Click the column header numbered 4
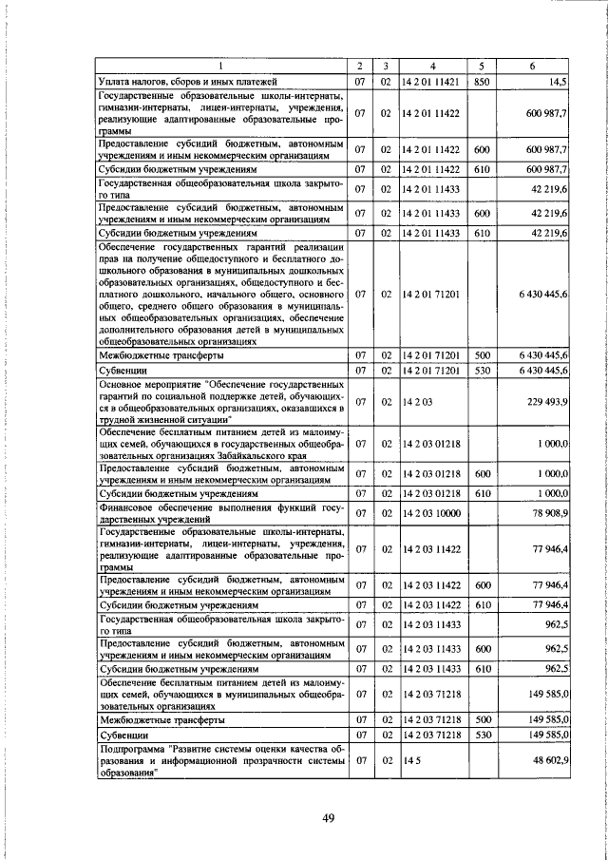tap(431, 67)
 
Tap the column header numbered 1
tap(220, 67)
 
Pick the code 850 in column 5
tap(482, 83)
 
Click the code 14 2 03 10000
tap(431, 514)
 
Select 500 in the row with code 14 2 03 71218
tap(482, 720)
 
